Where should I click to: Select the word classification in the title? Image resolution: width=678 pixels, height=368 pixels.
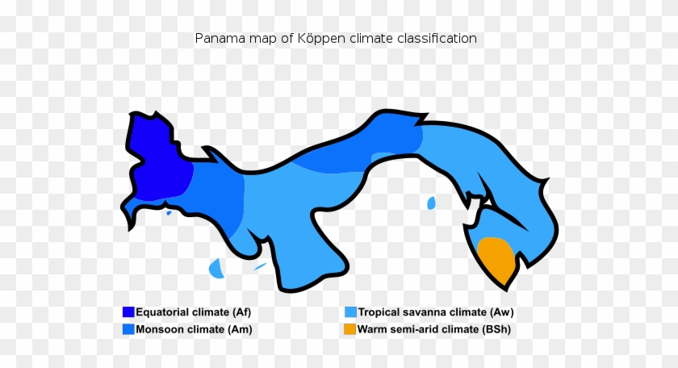coord(437,38)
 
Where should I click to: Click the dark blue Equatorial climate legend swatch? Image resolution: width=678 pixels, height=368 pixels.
coord(128,312)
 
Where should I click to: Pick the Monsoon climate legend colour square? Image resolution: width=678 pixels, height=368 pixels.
coord(128,329)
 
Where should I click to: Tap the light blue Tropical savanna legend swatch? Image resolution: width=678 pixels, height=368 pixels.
coord(350,312)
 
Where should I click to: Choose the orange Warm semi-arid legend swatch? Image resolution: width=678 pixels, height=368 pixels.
coord(350,329)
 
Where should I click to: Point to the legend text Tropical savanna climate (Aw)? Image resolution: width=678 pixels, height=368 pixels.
coord(436,312)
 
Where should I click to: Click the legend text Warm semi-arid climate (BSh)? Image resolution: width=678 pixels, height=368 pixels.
coord(434,329)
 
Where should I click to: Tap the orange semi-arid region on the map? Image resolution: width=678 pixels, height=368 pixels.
coord(496,259)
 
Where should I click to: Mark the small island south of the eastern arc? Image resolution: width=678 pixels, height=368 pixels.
coord(431,203)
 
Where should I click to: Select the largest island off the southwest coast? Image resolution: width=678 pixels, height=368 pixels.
coord(216,268)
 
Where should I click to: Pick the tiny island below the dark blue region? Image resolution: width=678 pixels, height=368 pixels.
coord(169,213)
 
